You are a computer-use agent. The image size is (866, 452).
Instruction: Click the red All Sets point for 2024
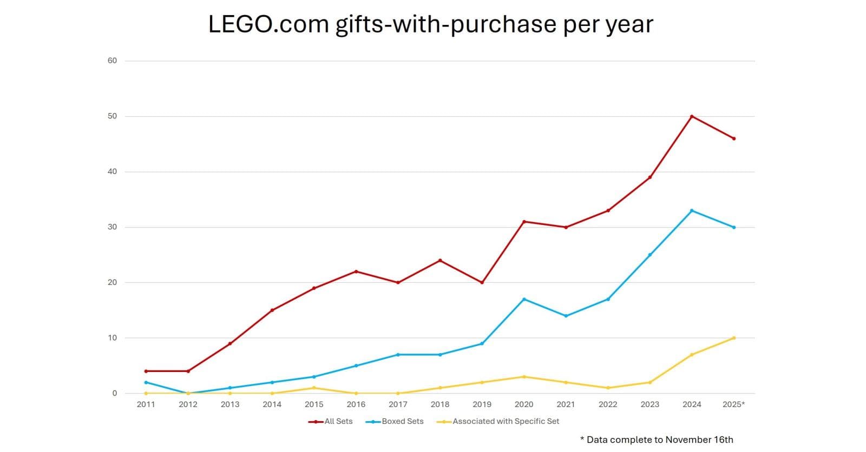(692, 116)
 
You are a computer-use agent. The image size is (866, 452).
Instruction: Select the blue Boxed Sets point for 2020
(524, 299)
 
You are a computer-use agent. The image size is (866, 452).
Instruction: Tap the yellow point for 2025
(734, 338)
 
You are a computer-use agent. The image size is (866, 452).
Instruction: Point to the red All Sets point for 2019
(482, 282)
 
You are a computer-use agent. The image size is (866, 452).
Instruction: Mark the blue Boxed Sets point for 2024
(692, 210)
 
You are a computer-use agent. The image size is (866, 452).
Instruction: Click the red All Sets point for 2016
(356, 271)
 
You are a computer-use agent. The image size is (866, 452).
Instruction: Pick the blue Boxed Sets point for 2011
(146, 382)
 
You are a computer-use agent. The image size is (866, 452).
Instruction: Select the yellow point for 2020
(524, 377)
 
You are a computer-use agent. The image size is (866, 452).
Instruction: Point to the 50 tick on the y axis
(112, 116)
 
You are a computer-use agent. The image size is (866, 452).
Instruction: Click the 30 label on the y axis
(112, 227)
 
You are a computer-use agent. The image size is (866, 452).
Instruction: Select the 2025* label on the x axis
(734, 404)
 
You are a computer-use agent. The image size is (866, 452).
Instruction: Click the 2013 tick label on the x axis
(230, 404)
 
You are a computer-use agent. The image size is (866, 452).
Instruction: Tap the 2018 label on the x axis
(439, 404)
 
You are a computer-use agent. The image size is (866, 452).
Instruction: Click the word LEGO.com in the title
(268, 24)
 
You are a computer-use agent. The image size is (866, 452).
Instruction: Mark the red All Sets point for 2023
(650, 177)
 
